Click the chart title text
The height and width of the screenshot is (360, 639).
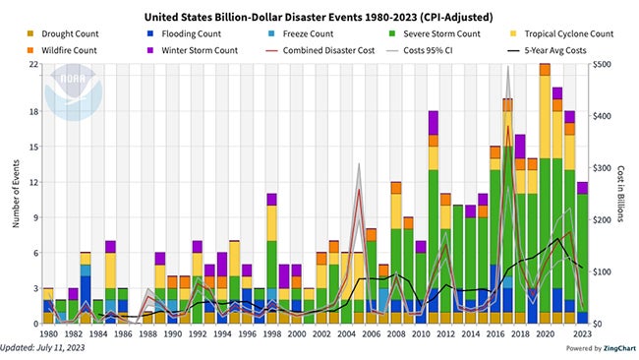coord(319,17)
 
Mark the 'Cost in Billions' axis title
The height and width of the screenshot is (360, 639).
coord(625,193)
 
